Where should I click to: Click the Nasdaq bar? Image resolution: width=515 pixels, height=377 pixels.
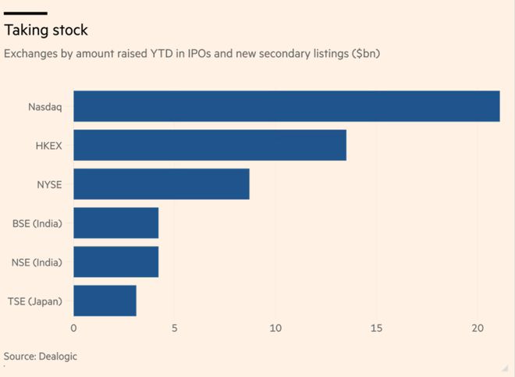[x=286, y=106]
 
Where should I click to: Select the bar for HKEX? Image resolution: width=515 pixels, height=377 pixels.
[x=210, y=145]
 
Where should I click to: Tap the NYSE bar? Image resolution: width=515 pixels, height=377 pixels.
[x=162, y=184]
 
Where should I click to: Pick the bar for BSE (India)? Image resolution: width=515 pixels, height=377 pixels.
[x=115, y=223]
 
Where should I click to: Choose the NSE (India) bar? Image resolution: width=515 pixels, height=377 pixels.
[x=115, y=261]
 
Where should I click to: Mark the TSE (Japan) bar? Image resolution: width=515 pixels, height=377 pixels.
[x=105, y=301]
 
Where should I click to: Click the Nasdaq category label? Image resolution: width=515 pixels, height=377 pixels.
[x=46, y=106]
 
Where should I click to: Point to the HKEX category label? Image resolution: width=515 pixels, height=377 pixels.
[x=49, y=145]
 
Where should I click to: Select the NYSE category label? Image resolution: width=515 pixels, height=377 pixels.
[x=49, y=184]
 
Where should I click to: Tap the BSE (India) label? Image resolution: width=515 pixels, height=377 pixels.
[x=37, y=223]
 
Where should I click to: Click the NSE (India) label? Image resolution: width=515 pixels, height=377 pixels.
[x=37, y=261]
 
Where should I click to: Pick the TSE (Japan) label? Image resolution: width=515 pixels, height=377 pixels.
[x=36, y=301]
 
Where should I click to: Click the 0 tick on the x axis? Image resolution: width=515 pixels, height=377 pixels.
[x=73, y=329]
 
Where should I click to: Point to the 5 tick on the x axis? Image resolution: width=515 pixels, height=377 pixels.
[x=175, y=329]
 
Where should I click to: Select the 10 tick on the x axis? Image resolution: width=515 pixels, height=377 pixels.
[x=275, y=329]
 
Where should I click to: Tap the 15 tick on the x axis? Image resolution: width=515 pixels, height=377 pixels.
[x=377, y=329]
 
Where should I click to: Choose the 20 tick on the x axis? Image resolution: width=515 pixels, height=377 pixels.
[x=478, y=329]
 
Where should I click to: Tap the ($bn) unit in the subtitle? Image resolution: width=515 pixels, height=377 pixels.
[x=364, y=55]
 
